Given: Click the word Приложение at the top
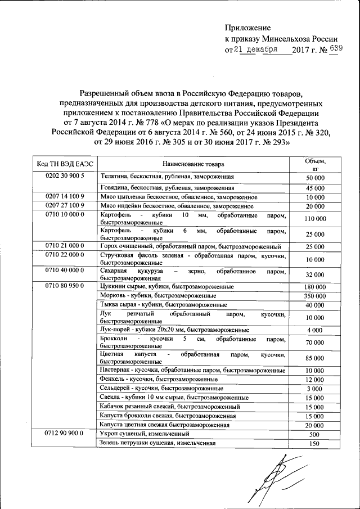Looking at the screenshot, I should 247,28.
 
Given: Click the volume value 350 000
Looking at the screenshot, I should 315,296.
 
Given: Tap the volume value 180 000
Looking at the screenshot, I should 315,287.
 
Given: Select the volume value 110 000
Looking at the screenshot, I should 315,218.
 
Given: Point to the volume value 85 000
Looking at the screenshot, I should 315,358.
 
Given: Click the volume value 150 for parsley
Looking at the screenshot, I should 315,444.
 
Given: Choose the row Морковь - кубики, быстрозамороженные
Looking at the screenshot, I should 157,295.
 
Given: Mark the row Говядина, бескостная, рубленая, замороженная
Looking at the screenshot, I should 166,187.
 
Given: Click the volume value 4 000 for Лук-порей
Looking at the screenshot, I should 315,330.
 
